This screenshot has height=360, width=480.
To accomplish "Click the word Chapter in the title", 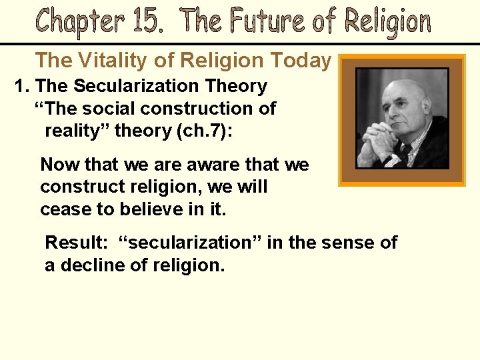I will [x=80, y=21].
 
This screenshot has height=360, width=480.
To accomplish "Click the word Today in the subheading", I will [x=300, y=61].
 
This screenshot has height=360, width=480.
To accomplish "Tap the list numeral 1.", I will [x=20, y=86].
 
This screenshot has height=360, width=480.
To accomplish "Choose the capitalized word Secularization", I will [x=136, y=86].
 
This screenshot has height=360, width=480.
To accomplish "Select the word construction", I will [x=214, y=108].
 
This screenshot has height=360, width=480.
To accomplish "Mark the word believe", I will [x=149, y=210].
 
